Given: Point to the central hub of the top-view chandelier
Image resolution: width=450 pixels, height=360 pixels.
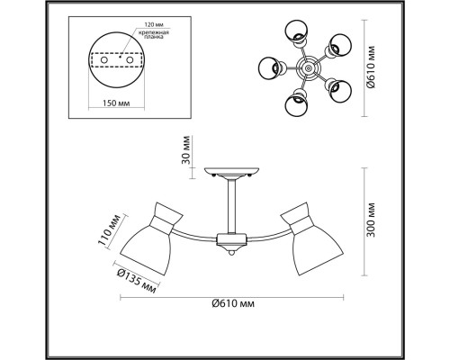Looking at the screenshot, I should pos(307,69).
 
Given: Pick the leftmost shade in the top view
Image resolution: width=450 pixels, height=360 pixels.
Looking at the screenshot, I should pos(269,69).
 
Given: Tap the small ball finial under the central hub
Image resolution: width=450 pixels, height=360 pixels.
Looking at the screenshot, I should pos(232,254).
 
